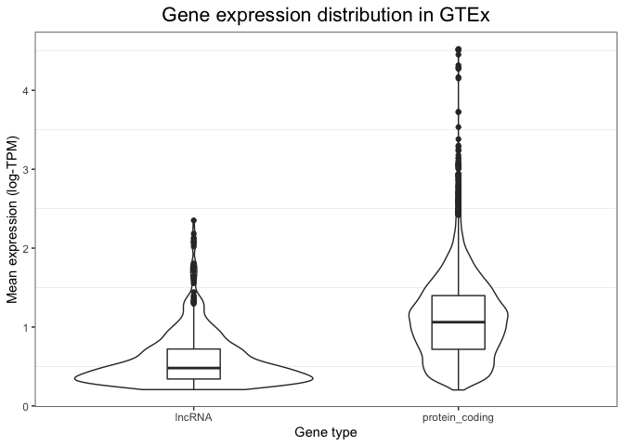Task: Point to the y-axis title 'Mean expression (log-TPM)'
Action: (x=13, y=219)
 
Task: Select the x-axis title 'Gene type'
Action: (x=326, y=433)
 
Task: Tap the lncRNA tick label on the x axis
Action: (x=193, y=418)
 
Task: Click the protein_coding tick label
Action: (x=459, y=418)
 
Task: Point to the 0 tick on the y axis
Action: (x=27, y=406)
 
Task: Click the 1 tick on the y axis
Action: (x=27, y=327)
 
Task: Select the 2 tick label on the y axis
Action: (x=27, y=248)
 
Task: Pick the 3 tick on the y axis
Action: (x=27, y=169)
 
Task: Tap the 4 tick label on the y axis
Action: (x=27, y=90)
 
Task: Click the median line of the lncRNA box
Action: (x=193, y=368)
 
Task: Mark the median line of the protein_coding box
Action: (x=459, y=322)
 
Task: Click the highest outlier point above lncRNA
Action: (x=193, y=220)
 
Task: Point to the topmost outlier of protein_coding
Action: (x=459, y=49)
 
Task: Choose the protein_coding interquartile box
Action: (x=459, y=308)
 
